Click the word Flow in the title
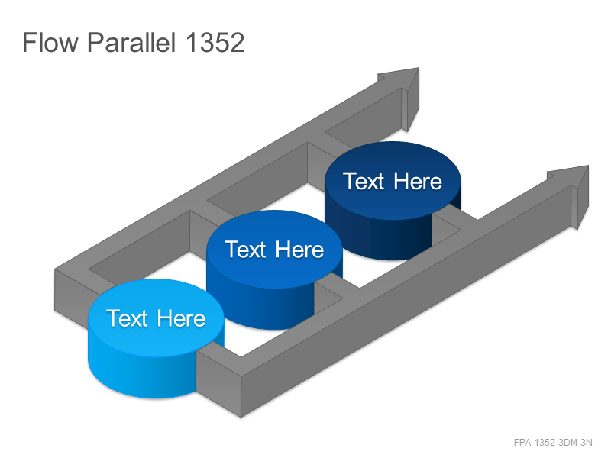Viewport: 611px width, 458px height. [x=50, y=42]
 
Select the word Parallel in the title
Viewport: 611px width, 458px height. [x=131, y=42]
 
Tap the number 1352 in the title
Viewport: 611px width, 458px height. [x=215, y=43]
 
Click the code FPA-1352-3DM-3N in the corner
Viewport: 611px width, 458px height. [x=553, y=443]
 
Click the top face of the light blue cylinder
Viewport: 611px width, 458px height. [x=156, y=318]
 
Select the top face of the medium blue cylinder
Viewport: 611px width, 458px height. [x=274, y=250]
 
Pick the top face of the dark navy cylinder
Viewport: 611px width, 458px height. [x=393, y=181]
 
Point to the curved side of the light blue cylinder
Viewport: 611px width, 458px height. [x=141, y=374]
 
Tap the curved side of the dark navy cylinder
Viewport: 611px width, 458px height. [x=378, y=237]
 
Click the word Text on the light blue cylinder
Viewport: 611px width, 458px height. [x=127, y=318]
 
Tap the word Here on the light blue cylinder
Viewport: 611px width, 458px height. [x=181, y=318]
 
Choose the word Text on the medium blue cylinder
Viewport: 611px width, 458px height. [x=245, y=250]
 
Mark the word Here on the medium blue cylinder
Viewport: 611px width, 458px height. [x=299, y=250]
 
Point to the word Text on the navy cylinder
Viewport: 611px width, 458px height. [x=364, y=181]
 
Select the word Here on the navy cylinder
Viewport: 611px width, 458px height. [x=418, y=181]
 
